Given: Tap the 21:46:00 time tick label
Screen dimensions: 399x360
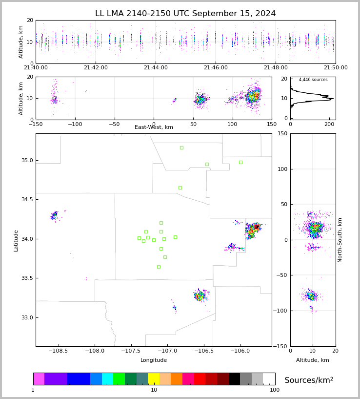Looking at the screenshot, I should click(x=216, y=68).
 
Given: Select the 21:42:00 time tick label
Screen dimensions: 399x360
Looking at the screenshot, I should click(x=96, y=68).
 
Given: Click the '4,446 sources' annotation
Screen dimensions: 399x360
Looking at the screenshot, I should click(x=313, y=80).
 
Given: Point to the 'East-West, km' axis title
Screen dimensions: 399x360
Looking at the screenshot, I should click(x=154, y=127).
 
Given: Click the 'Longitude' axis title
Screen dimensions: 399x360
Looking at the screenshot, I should click(x=154, y=360).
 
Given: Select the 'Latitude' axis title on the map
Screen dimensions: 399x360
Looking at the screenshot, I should click(x=16, y=240).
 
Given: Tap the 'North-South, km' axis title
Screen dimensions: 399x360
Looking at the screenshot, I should click(x=340, y=240).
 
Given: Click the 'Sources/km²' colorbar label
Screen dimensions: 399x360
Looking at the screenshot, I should click(x=309, y=380).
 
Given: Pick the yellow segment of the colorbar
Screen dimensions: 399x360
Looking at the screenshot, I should click(x=154, y=379).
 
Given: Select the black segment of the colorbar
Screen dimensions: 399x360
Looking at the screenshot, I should click(x=235, y=379).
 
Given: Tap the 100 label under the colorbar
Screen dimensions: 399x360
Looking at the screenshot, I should click(x=275, y=390).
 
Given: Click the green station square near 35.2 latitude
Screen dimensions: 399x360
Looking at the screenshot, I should click(x=181, y=147).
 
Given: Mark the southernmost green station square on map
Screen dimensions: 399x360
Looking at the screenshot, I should click(x=159, y=267).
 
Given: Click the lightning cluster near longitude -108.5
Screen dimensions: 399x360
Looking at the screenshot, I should click(x=55, y=215).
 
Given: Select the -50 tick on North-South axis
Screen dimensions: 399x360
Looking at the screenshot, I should click(x=281, y=275).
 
